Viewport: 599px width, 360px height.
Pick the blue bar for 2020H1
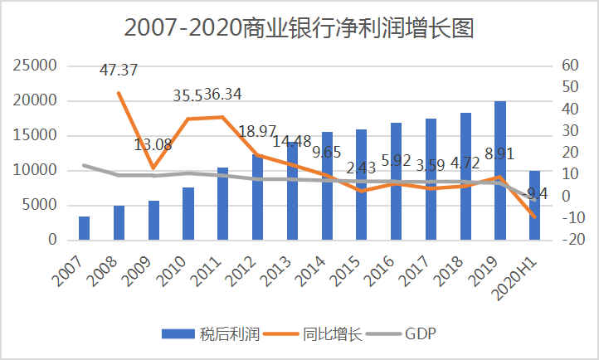click(x=534, y=205)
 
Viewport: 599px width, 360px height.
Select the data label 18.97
click(x=258, y=132)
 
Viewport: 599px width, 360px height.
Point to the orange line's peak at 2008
click(x=119, y=93)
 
